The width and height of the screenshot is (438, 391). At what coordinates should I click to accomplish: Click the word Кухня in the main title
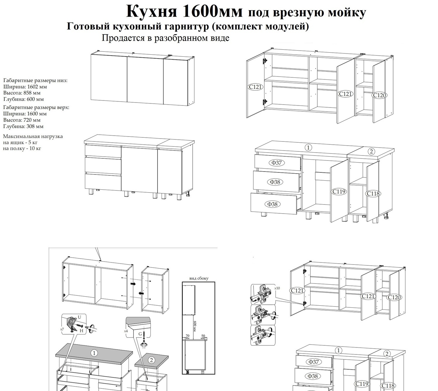pos(151,12)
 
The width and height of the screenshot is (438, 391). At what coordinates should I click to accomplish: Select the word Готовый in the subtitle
pos(85,26)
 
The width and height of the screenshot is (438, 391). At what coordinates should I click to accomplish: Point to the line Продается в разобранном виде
pos(165,38)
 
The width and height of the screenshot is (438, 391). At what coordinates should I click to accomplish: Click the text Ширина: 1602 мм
pos(25,86)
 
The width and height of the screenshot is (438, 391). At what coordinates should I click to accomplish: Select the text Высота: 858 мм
pos(22,93)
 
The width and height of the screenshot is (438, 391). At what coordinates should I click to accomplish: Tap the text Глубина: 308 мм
pos(23,126)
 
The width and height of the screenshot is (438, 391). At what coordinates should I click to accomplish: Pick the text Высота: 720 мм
pos(22,120)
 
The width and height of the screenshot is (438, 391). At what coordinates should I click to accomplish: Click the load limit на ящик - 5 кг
pos(20,142)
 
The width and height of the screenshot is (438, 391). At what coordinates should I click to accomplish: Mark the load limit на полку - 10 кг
pos(22,148)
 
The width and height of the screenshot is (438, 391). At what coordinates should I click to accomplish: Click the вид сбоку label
pos(199,278)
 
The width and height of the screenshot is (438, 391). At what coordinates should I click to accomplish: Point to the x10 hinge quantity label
pos(277,288)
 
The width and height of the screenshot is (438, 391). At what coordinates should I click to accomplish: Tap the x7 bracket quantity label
pos(62,329)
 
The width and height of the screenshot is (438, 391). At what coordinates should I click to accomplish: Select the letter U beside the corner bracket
pos(79,317)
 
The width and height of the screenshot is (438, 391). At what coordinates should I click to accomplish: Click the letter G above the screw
pos(140,333)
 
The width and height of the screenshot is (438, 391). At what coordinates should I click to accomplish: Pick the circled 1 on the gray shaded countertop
pos(94,353)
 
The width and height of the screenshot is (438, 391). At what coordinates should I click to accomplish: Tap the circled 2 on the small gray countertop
pos(151,360)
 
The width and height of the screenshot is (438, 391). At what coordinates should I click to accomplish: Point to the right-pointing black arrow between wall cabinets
pos(133,283)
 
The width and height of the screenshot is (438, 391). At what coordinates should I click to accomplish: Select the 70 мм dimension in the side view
pos(187,337)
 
